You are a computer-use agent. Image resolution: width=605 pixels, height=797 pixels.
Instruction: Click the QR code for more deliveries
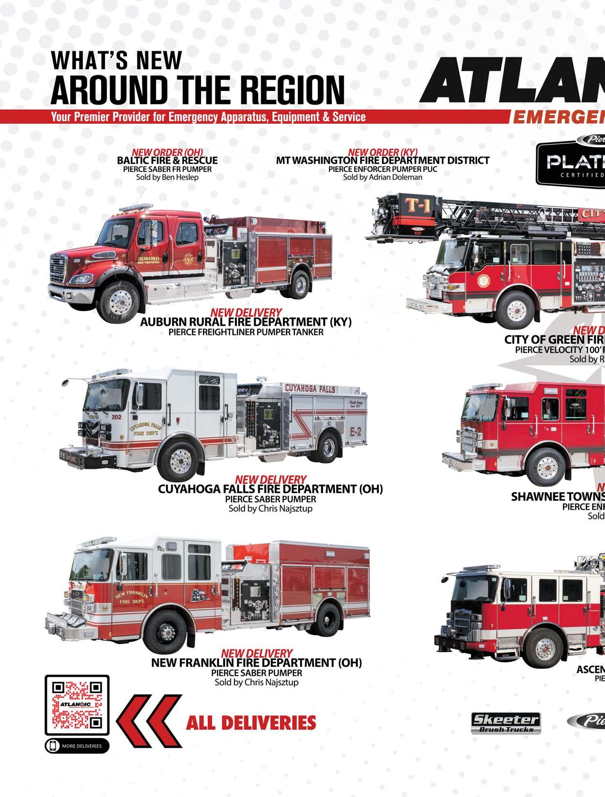(78, 706)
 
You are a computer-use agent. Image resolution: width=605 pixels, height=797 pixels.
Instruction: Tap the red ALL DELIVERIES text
(251, 723)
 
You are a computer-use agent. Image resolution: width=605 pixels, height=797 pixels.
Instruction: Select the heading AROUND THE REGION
(198, 90)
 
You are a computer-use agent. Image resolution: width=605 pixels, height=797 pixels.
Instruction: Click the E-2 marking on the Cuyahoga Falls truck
(355, 429)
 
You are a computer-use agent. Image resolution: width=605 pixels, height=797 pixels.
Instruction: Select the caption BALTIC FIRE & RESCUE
(167, 160)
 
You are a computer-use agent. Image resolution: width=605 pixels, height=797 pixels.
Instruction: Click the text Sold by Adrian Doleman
(383, 177)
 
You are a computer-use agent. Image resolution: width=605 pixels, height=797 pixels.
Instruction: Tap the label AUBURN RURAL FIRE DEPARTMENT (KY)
(246, 322)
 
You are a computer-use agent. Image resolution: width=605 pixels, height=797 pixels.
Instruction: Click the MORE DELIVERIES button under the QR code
(78, 746)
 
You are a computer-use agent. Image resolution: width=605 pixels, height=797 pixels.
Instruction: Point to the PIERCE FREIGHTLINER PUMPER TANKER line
(246, 332)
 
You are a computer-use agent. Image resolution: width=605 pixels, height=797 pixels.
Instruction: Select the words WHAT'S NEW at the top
(116, 60)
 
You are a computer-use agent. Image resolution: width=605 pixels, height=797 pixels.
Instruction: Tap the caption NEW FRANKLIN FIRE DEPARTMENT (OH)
(257, 662)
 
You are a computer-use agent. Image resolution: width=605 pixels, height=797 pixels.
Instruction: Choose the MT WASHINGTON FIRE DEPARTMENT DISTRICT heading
(383, 160)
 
